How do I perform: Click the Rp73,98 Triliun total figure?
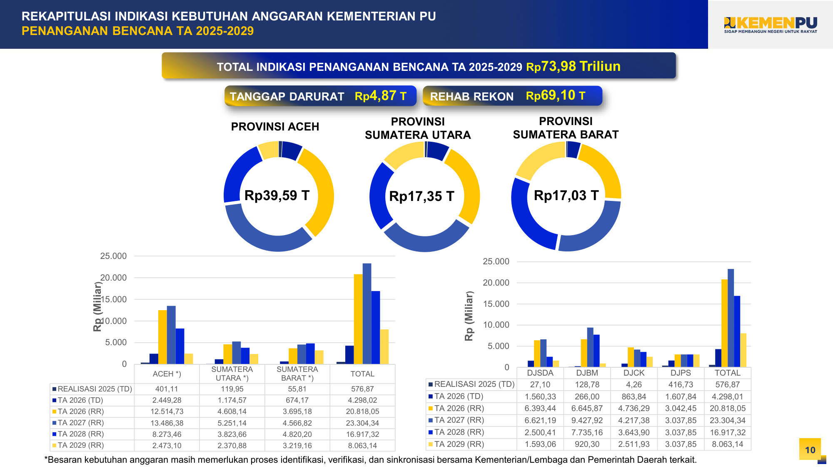[574, 66]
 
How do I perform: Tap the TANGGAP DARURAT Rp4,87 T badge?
[320, 96]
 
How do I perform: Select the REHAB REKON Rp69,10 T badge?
[512, 96]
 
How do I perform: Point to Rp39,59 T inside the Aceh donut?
[277, 196]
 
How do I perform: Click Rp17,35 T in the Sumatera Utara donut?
[421, 196]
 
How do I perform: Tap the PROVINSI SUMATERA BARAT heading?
[566, 128]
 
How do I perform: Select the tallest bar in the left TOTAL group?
[367, 313]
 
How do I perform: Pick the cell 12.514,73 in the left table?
[167, 411]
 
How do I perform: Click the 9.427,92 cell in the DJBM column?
[587, 420]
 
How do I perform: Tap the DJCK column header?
[634, 373]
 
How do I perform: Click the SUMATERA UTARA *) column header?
[232, 374]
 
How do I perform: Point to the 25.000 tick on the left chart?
[113, 256]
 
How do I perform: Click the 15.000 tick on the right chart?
[496, 304]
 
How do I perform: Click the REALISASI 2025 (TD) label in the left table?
[95, 389]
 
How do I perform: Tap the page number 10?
[810, 450]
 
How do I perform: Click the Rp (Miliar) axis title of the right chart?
[469, 316]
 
